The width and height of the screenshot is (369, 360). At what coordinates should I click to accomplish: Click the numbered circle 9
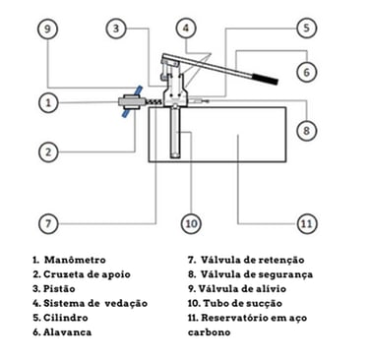pyautogui.click(x=48, y=29)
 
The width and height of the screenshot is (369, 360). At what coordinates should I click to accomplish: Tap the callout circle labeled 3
pyautogui.click(x=116, y=29)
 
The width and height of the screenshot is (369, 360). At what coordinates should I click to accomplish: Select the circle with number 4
pyautogui.click(x=186, y=29)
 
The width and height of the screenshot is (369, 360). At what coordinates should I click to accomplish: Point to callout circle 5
pyautogui.click(x=307, y=28)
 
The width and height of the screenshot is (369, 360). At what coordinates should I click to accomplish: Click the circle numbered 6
pyautogui.click(x=307, y=72)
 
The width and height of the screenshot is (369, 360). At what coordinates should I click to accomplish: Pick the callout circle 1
pyautogui.click(x=48, y=102)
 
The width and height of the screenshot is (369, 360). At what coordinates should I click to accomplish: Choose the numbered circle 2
pyautogui.click(x=48, y=151)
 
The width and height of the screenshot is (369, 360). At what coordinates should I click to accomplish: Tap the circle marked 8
pyautogui.click(x=307, y=131)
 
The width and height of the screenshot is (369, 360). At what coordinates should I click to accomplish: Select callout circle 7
pyautogui.click(x=48, y=223)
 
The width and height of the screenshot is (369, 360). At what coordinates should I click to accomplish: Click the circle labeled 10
pyautogui.click(x=191, y=223)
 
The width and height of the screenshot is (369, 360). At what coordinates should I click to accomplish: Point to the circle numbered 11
pyautogui.click(x=307, y=223)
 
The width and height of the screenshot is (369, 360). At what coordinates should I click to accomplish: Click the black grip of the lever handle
pyautogui.click(x=265, y=79)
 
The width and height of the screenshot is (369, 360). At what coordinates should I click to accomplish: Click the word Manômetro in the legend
pyautogui.click(x=75, y=260)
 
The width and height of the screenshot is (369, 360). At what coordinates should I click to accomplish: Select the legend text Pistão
pyautogui.click(x=59, y=289)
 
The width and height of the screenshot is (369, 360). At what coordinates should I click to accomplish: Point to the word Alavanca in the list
pyautogui.click(x=68, y=332)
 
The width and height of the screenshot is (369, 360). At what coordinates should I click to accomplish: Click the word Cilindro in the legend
pyautogui.click(x=66, y=318)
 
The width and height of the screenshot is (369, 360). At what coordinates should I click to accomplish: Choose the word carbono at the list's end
pyautogui.click(x=210, y=332)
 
